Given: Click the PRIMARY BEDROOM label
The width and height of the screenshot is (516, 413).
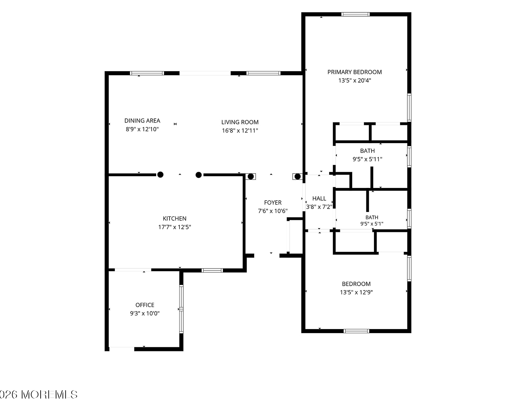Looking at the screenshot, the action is pos(354,72).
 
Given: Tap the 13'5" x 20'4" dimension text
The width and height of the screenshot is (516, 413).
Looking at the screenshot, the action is pos(354,81).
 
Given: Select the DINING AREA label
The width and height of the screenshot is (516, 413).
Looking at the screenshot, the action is pos(142,120).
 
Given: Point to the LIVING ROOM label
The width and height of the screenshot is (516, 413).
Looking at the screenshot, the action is pos(240,122).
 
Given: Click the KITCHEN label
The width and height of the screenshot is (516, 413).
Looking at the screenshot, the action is pos(174,219).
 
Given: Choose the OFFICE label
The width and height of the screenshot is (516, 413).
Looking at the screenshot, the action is pos(145,305).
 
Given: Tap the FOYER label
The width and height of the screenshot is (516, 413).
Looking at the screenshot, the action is pos(273,202).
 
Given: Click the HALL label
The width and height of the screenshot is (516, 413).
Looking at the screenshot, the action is pos(319,199).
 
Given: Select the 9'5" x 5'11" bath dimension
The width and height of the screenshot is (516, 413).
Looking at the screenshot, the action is pos(367,159).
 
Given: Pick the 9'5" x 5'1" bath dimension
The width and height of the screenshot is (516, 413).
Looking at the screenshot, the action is pos(372,224).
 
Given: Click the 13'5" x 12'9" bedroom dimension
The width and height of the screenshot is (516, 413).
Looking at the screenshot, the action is pos(356,292).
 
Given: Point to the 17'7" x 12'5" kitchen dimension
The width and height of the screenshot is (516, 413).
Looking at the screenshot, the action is pos(174,227).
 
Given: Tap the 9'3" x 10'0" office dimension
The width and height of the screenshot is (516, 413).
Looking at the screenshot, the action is pos(145,313).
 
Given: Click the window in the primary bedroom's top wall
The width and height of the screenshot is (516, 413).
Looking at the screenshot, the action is pos(355,14).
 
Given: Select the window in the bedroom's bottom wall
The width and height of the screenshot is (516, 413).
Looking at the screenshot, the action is pos(356,331).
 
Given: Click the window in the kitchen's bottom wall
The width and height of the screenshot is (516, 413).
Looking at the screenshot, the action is pos(212,271).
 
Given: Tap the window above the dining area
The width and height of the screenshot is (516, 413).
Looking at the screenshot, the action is pos(147,73).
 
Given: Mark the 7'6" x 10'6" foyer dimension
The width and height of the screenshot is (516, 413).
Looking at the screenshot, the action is pos(273,211).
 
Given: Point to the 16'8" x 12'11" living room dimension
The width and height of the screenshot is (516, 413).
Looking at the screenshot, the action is pos(240,130).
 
